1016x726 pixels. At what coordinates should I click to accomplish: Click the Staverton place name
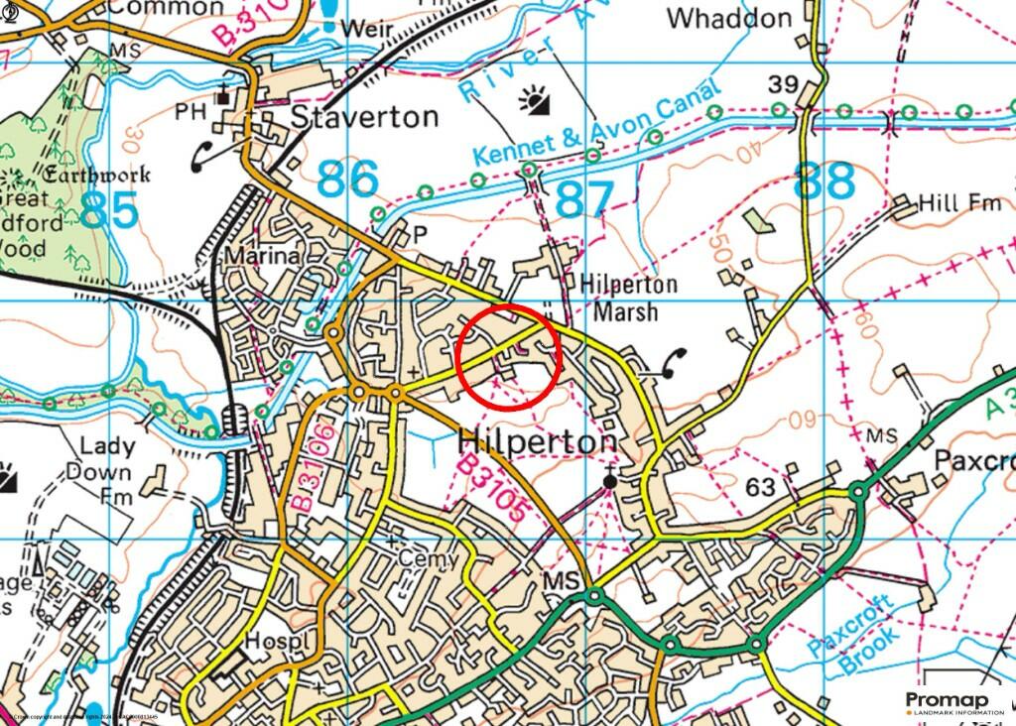pyautogui.click(x=364, y=117)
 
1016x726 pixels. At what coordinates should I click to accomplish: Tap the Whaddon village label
pyautogui.click(x=729, y=19)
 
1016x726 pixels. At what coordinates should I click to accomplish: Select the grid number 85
pyautogui.click(x=110, y=210)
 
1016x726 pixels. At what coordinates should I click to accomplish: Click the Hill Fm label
pyautogui.click(x=959, y=203)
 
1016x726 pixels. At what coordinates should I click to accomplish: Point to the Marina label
pyautogui.click(x=262, y=256)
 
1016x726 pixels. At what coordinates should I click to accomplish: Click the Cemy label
pyautogui.click(x=429, y=558)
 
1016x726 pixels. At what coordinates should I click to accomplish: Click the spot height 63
pyautogui.click(x=759, y=487)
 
